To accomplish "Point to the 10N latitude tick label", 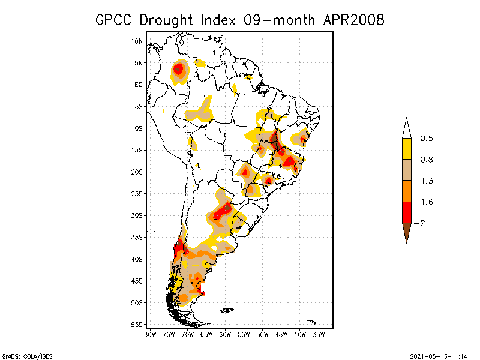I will [137, 41].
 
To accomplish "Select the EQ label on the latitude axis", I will [139, 85].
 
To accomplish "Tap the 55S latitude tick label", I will [137, 325].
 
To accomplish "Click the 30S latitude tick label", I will [137, 215].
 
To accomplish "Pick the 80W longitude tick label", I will [150, 334].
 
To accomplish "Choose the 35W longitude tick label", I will [319, 334].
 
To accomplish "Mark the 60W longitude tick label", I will [225, 334].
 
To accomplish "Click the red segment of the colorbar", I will [406, 212].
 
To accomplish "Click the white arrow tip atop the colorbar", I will [406, 128].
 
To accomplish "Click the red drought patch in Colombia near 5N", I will [178, 70].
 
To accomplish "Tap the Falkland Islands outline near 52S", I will [226, 310].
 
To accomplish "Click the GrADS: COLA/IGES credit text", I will [27, 356].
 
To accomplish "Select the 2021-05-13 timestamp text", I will [439, 356].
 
